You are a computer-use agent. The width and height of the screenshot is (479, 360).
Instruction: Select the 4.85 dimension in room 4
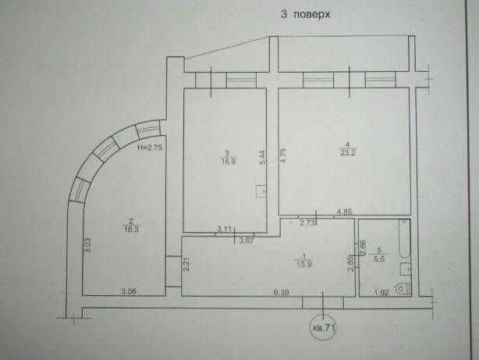point(344,211)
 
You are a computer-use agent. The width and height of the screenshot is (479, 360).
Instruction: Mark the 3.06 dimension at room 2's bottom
point(129,290)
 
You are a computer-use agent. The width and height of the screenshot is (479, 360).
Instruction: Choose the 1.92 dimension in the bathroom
point(382,292)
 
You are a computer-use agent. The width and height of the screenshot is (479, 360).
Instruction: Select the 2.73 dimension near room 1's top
point(307,223)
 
